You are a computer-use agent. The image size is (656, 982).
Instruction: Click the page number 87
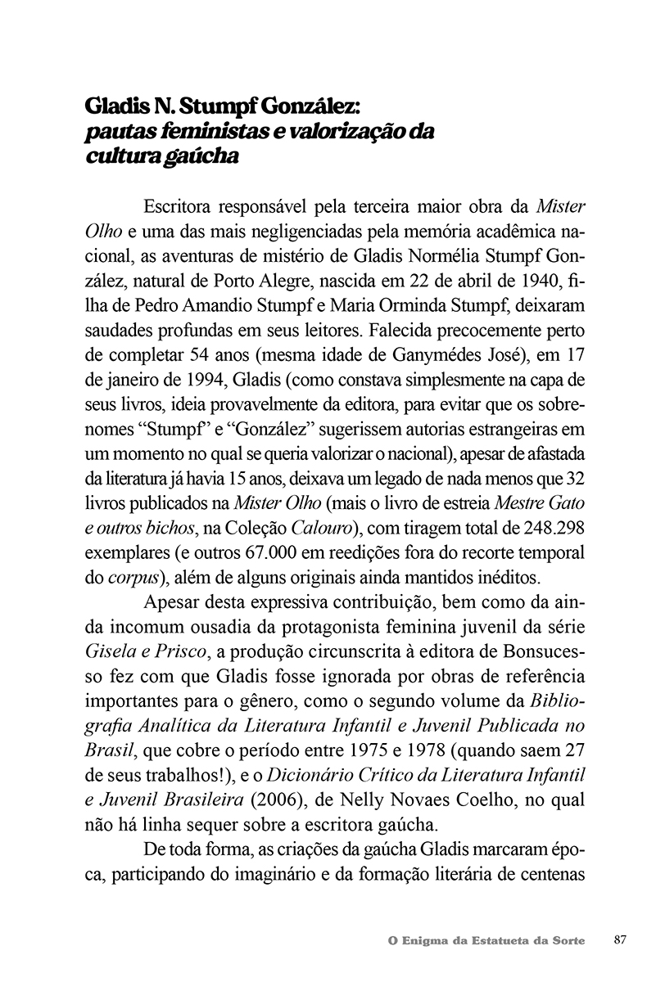[x=620, y=940]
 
